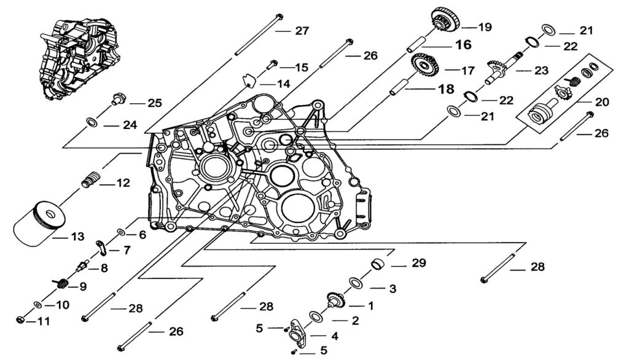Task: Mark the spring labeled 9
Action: (x=61, y=284)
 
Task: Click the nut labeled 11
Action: (x=20, y=321)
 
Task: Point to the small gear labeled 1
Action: (x=337, y=300)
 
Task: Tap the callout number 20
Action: (x=602, y=102)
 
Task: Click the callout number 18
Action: (x=445, y=90)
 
